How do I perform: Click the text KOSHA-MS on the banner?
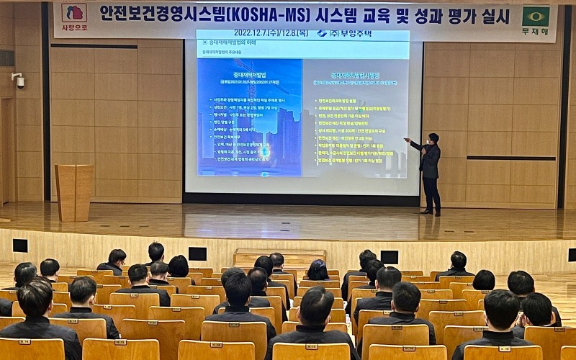(x=274, y=13)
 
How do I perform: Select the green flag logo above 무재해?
(x=535, y=16)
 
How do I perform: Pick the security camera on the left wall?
(x=18, y=79)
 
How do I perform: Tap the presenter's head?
(x=433, y=138)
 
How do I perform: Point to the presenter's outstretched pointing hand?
(x=408, y=140)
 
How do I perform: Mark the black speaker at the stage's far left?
(x=20, y=246)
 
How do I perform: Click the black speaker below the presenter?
(x=390, y=256)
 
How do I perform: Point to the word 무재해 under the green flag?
(x=535, y=32)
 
